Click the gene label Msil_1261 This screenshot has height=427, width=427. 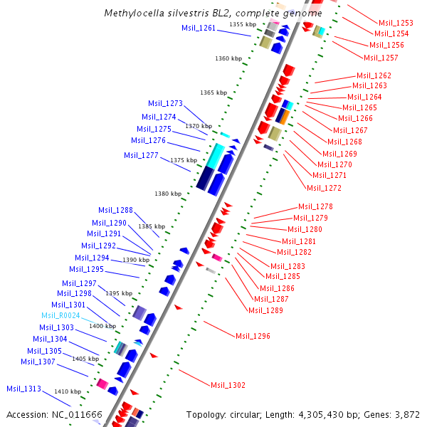pos(199,28)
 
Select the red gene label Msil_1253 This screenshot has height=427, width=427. pos(396,23)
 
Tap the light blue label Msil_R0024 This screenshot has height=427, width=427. pos(60,315)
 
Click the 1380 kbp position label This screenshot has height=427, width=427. pos(169,194)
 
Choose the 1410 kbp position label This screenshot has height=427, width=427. pos(68,391)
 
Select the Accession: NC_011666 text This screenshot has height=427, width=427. pos(54,414)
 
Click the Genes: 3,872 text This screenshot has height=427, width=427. pos(395,414)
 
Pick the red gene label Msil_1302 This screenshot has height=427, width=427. pos(228,385)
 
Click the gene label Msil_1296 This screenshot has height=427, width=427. pos(253,336)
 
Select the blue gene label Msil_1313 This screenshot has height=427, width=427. pos(24,389)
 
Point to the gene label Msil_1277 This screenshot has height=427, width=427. pos(142,155)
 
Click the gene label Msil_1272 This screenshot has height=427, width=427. pos(324,188)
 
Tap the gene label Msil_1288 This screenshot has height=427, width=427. pos(115,210)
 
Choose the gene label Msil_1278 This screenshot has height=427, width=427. pos(315,206)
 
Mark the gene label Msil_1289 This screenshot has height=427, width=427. pos(265,310)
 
